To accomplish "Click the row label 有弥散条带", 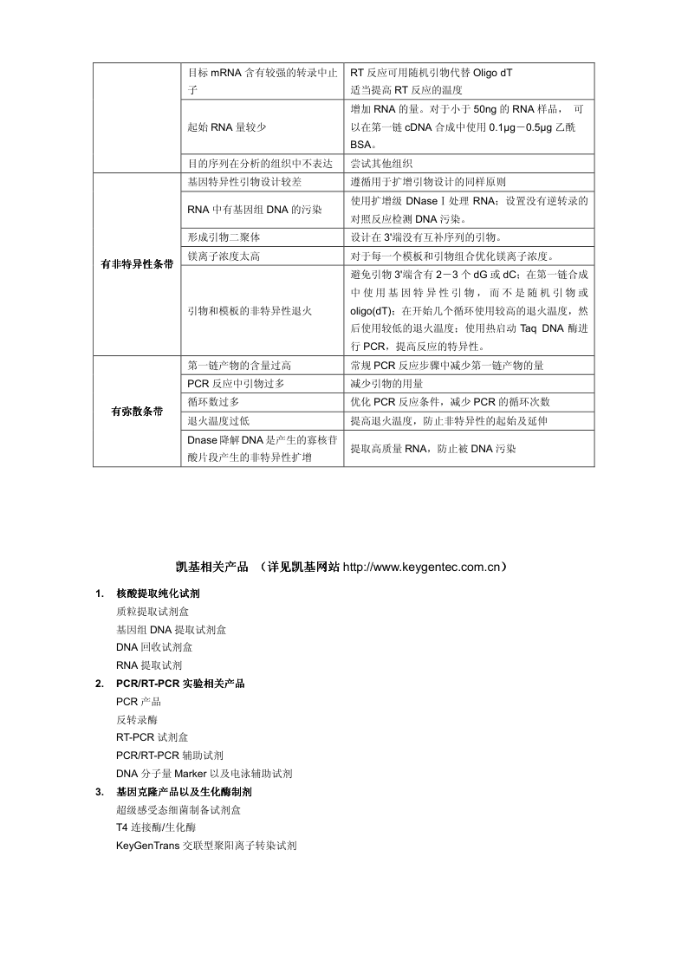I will pos(138,412).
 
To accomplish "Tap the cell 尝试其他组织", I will pos(381,163).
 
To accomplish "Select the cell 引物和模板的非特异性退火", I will pos(250,310).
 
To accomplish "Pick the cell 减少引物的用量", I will pos(386,383).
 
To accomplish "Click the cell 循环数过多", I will pos(213,402).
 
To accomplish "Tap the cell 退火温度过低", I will pos(218,420).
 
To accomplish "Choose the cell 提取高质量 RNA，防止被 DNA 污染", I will pos(433,449).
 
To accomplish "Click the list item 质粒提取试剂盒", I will pos(153,612).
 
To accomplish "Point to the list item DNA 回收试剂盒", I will pos(154,647).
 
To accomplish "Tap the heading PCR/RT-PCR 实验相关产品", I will pos(180,684).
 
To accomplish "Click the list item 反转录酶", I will pos(137,720).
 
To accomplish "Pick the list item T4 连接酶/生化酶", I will pos(155,827).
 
